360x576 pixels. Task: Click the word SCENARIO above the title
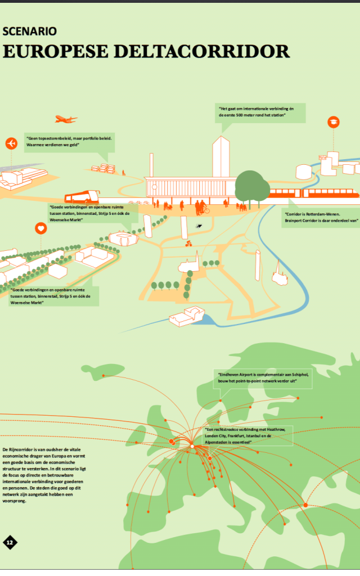29,32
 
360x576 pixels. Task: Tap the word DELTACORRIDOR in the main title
201,52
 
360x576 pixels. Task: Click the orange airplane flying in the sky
66,119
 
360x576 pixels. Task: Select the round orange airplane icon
11,143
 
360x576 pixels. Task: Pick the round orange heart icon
40,228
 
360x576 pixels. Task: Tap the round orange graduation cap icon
333,123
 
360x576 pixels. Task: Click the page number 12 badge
10,542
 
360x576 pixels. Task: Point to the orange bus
82,197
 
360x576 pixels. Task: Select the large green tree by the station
252,186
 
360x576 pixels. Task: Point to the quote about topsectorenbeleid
69,141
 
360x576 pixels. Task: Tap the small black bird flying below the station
199,226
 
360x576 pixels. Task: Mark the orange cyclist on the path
189,244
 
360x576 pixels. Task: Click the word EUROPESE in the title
55,52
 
